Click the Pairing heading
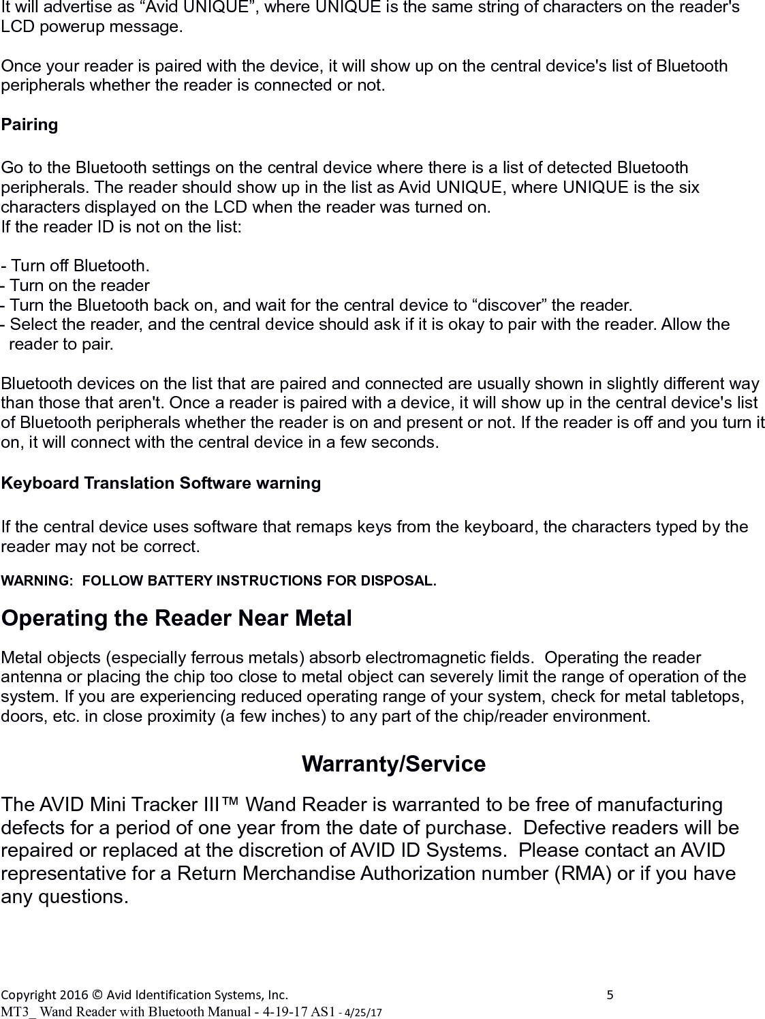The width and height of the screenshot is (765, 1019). [x=29, y=125]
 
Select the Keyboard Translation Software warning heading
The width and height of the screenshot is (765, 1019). [x=161, y=483]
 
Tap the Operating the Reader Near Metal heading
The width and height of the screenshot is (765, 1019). [x=176, y=619]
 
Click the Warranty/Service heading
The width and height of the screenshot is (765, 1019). [x=393, y=764]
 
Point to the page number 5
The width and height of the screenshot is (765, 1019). [x=610, y=994]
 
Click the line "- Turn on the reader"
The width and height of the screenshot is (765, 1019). [x=76, y=285]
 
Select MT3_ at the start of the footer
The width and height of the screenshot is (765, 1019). [x=19, y=1012]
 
